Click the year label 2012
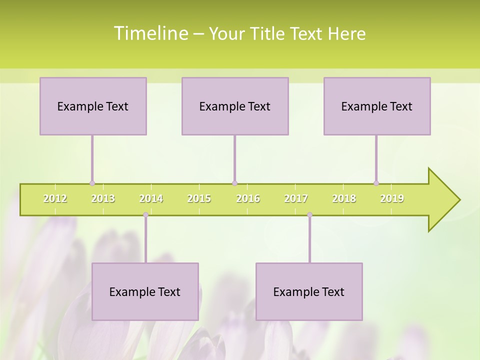(x=55, y=198)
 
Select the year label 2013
(x=103, y=198)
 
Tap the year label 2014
(x=151, y=198)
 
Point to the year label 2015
(x=199, y=198)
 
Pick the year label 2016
(x=248, y=198)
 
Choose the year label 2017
(x=296, y=198)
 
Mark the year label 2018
(x=344, y=198)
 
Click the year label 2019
(x=392, y=198)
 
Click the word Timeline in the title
(x=150, y=33)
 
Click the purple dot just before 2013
(x=92, y=183)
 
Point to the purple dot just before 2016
(x=234, y=183)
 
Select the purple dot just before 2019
(x=376, y=183)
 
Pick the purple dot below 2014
(x=145, y=215)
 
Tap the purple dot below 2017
(x=309, y=215)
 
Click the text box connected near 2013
(x=93, y=106)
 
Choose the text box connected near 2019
(x=377, y=106)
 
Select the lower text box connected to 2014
(x=145, y=291)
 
